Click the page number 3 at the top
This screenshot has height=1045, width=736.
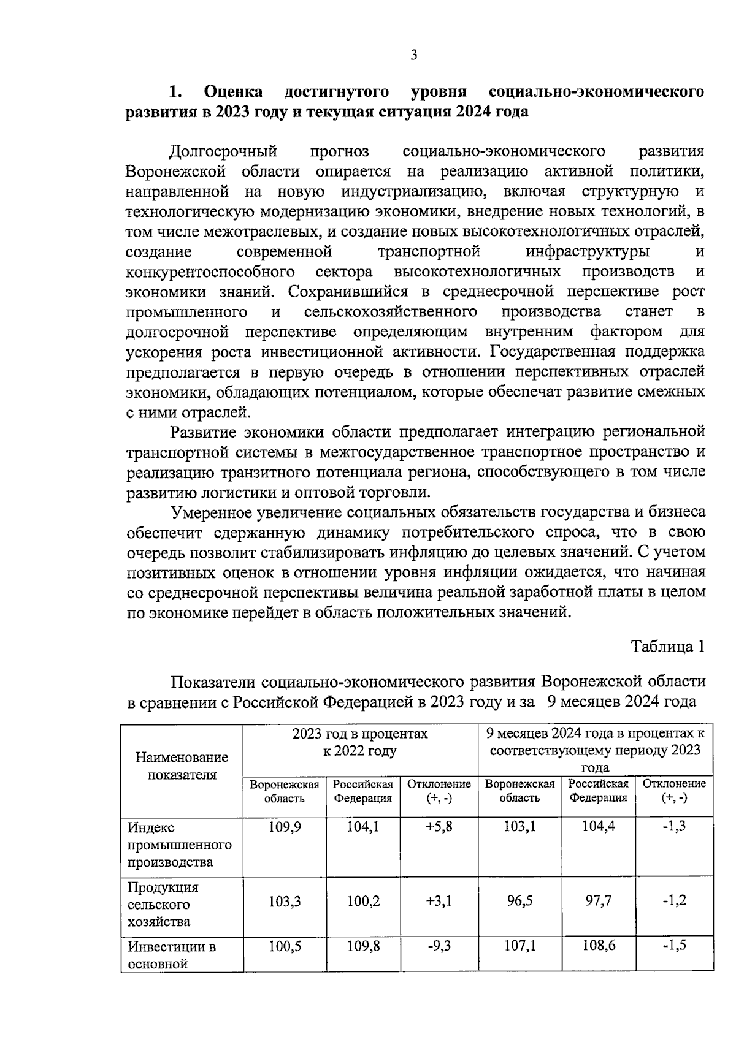tap(413, 56)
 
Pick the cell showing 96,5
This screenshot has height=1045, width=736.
tap(519, 901)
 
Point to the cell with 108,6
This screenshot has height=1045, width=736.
tap(599, 946)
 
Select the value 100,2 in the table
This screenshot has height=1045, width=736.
tap(363, 901)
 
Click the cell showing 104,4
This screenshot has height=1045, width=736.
tap(599, 827)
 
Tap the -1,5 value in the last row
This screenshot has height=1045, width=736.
tap(674, 946)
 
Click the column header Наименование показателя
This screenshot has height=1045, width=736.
tap(182, 766)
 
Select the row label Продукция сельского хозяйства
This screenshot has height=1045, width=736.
tap(163, 905)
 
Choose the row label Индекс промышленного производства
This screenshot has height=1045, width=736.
tap(179, 845)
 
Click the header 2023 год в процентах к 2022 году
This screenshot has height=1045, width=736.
tap(360, 742)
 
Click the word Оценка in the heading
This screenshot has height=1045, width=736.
tap(233, 92)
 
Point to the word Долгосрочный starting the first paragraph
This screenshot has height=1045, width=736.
tap(223, 151)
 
